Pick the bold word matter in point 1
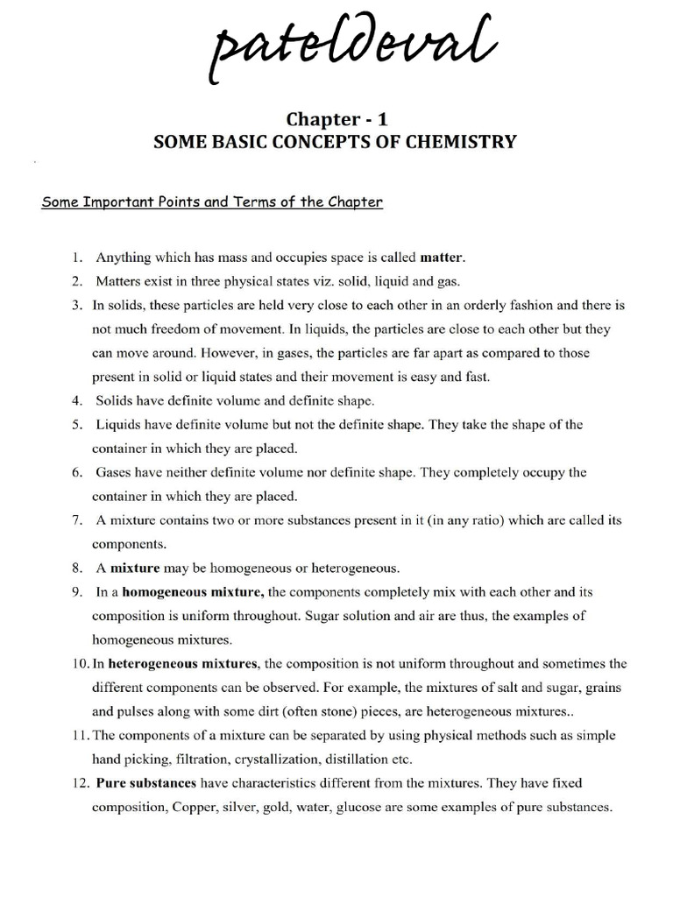point(443,258)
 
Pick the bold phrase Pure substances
point(142,782)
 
